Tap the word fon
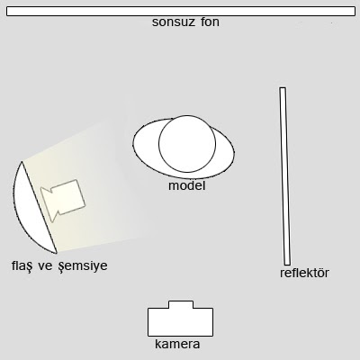[x=210, y=22]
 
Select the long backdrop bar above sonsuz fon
[x=181, y=11]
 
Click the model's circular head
[x=187, y=144]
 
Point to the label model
[x=187, y=185]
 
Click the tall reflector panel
[x=284, y=176]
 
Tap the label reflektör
[x=304, y=273]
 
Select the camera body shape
[x=180, y=319]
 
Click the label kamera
[x=177, y=344]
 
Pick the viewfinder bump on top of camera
[x=181, y=304]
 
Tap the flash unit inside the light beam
[x=63, y=200]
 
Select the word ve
[x=45, y=266]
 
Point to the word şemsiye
[x=83, y=266]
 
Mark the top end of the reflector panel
[x=283, y=88]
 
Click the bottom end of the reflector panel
[x=287, y=265]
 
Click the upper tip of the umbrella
[x=22, y=162]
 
